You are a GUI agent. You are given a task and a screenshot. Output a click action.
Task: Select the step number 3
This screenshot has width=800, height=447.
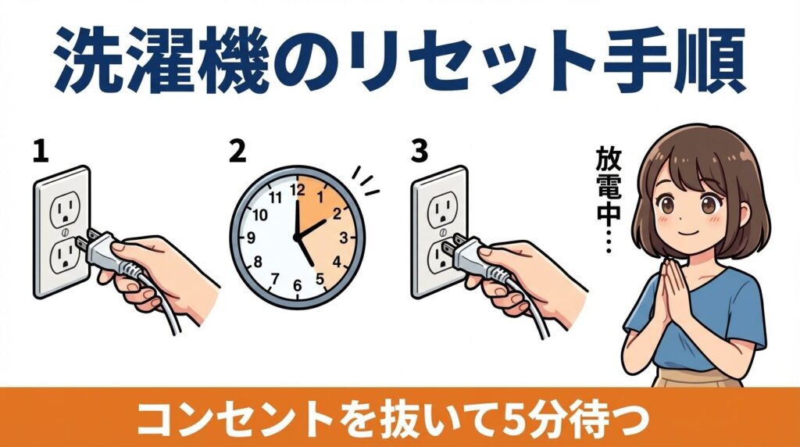[x=420, y=151]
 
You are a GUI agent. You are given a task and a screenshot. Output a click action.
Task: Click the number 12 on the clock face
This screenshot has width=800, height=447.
[x=295, y=188]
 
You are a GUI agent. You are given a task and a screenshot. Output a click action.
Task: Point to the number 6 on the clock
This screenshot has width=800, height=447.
[x=295, y=285]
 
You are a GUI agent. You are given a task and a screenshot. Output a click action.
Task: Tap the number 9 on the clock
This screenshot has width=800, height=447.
[x=251, y=237]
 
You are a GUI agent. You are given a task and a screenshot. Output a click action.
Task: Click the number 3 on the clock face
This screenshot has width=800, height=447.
[x=342, y=237]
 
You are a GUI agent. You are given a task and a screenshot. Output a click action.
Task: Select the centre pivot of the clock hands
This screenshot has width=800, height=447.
[x=296, y=237]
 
